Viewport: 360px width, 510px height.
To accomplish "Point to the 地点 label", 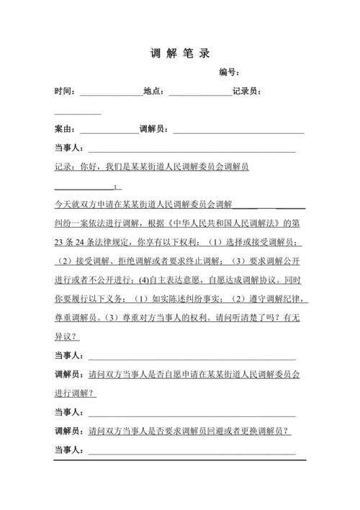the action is click(x=154, y=91).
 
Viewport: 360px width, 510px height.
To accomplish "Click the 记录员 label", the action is click(x=246, y=91).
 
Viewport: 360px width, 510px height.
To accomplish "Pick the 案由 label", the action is click(x=65, y=130).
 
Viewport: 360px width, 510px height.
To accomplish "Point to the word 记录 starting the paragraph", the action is click(x=63, y=167).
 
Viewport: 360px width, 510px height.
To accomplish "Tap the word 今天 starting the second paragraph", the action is click(x=63, y=205).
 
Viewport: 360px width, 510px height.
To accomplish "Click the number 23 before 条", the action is click(x=60, y=242).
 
